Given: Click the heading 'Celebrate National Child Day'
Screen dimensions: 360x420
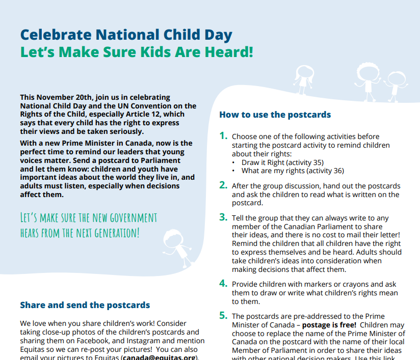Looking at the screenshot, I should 126,35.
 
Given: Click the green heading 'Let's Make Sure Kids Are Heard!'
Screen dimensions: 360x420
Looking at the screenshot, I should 136,52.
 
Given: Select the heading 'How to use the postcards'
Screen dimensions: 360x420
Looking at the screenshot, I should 275,115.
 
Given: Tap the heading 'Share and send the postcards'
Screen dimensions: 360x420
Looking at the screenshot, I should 85,305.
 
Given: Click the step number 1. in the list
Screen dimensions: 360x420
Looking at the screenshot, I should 223,135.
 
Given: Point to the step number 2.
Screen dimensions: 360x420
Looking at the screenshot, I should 223,185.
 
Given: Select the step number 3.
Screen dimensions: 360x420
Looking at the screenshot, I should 223,217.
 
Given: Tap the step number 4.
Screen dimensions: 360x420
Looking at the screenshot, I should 223,283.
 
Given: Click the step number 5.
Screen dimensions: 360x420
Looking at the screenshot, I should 223,315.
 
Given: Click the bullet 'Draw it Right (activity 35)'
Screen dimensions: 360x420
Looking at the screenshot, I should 282,162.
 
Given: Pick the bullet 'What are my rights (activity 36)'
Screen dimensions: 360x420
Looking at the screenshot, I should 293,171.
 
